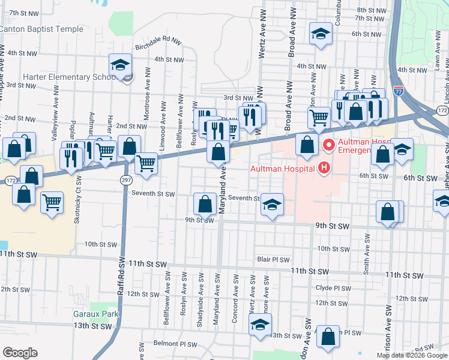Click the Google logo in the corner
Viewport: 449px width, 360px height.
20,353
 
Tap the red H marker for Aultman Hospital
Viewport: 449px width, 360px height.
324,167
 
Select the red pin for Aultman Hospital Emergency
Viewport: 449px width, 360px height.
328,145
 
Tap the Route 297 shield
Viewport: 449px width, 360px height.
125,180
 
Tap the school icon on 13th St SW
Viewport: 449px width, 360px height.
260,323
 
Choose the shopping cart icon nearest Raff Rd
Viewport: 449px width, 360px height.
146,162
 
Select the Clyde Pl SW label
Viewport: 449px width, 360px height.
333,288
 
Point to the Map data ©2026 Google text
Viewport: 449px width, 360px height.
411,355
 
